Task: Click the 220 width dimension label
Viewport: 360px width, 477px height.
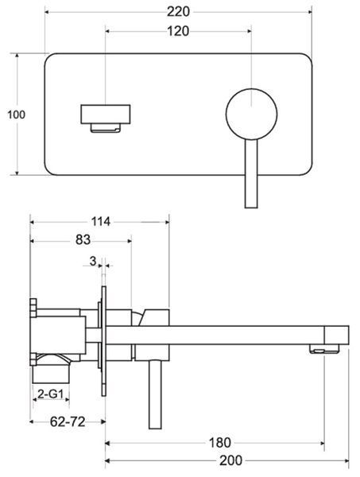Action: point(179,12)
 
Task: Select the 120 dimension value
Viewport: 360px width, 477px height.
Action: point(178,31)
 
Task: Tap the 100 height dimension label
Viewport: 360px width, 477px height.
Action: point(17,114)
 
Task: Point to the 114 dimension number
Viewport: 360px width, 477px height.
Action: point(101,222)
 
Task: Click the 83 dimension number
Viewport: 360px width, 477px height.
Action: point(83,240)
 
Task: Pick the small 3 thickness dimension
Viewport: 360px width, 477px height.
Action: point(93,261)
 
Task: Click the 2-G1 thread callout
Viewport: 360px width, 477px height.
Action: point(51,394)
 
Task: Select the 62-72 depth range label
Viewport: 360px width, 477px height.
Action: point(68,421)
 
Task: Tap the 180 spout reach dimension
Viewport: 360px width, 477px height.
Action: point(220,443)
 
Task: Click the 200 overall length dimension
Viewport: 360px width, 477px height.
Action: point(231,460)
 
